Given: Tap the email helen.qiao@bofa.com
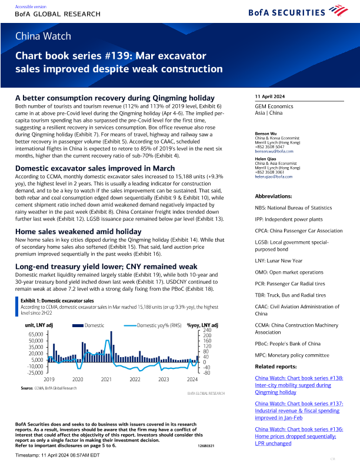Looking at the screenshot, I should pyautogui.click(x=274, y=177).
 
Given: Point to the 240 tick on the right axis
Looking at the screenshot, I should pyautogui.click(x=206, y=330).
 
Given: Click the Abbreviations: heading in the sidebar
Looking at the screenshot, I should pyautogui.click(x=274, y=196).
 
